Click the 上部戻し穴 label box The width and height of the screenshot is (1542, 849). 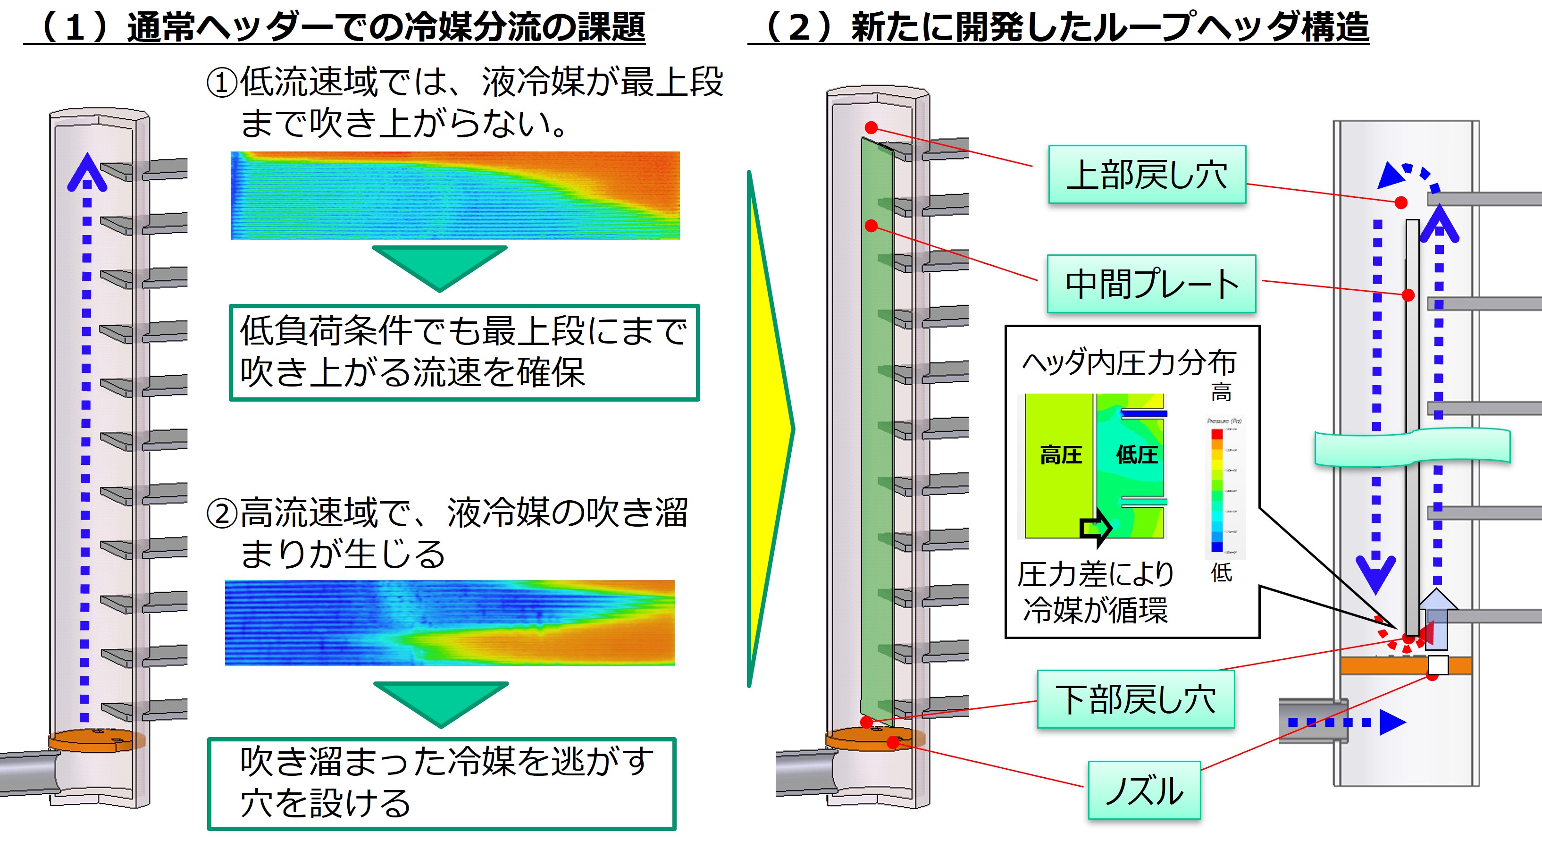1146,175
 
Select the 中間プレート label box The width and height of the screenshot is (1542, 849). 1150,284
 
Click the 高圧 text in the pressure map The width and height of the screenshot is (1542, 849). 1060,455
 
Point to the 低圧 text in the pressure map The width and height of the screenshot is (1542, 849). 1136,455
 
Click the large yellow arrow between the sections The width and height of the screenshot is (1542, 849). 769,428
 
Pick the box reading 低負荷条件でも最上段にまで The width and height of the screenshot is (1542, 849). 464,353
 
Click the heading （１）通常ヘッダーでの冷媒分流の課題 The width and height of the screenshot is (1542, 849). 335,27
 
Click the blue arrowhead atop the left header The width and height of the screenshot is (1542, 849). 87,172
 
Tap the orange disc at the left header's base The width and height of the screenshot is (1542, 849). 96,740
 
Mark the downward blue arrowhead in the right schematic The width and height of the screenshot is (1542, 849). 1375,573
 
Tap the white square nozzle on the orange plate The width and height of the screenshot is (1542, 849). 1438,664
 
